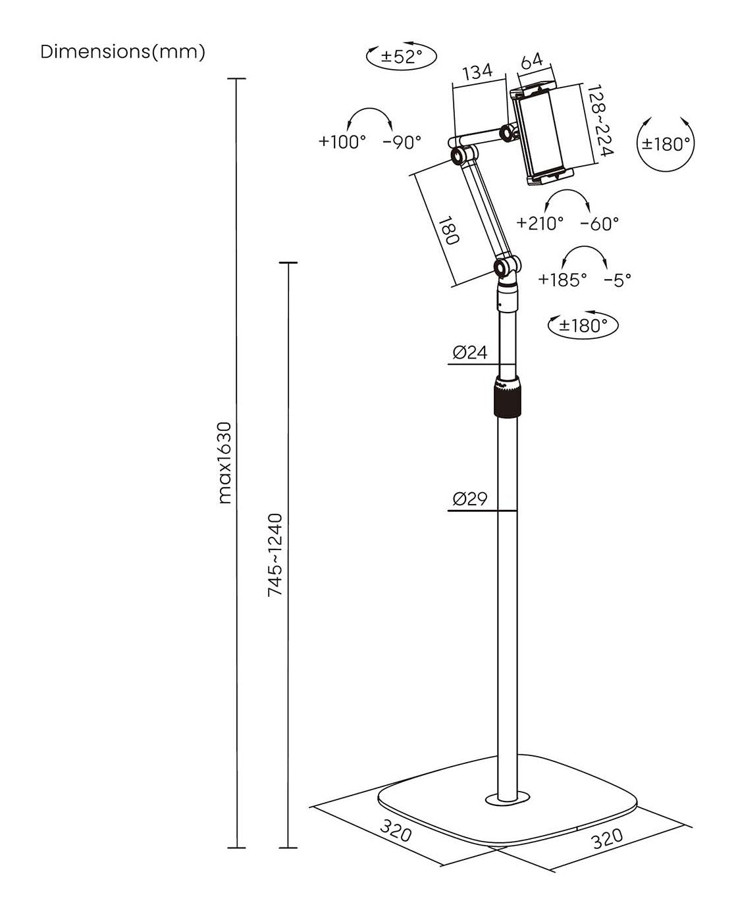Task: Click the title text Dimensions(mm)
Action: point(123,52)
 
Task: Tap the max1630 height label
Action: point(225,463)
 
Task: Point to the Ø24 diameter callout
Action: point(469,353)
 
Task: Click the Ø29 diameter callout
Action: point(469,499)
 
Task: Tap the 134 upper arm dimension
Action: point(477,72)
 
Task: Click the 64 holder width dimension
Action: point(531,61)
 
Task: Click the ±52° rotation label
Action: point(402,56)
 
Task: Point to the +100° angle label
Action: point(342,141)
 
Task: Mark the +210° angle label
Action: point(540,224)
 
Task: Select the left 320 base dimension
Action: point(395,832)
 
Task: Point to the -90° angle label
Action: point(402,141)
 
